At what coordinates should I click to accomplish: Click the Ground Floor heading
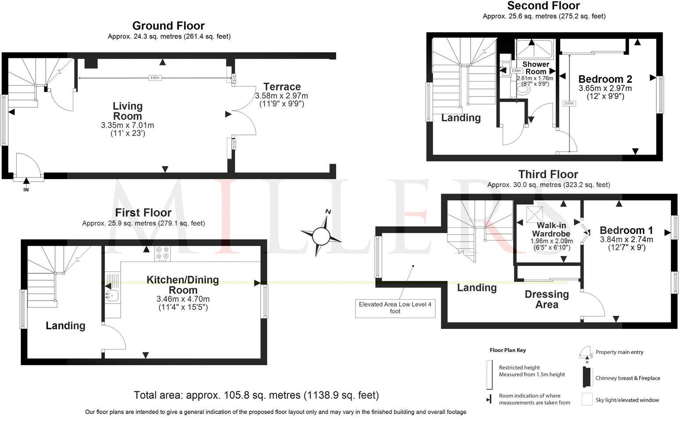[x=168, y=26]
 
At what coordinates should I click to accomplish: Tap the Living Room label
[x=127, y=111]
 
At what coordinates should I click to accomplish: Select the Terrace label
[x=282, y=87]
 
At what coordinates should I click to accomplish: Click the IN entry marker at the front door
[x=26, y=189]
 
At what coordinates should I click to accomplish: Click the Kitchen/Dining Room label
[x=183, y=285]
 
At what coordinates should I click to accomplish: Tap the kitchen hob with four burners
[x=163, y=254]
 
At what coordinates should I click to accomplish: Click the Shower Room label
[x=535, y=68]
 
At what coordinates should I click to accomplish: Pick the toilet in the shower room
[x=523, y=90]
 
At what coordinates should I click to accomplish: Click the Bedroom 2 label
[x=605, y=79]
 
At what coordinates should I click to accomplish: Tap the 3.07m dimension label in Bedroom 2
[x=569, y=104]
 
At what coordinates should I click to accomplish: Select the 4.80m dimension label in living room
[x=155, y=78]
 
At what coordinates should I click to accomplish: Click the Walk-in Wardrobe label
[x=551, y=230]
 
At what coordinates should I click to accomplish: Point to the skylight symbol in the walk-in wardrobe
[x=534, y=215]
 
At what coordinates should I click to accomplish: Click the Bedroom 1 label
[x=626, y=230]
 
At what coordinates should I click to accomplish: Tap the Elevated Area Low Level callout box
[x=395, y=308]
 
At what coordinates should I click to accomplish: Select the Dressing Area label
[x=547, y=299]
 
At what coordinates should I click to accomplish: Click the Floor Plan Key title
[x=508, y=350]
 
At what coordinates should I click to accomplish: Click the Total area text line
[x=256, y=395]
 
